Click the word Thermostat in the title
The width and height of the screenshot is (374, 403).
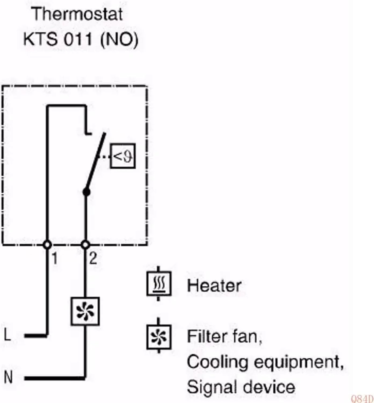pyautogui.click(x=77, y=15)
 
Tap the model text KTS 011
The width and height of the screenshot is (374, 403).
pyautogui.click(x=58, y=39)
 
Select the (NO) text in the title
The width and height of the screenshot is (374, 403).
pyautogui.click(x=119, y=40)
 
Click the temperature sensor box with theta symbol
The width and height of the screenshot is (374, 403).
pyautogui.click(x=123, y=156)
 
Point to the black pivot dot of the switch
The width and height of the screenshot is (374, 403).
pyautogui.click(x=86, y=192)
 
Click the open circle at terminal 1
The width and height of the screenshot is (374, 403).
pyautogui.click(x=47, y=245)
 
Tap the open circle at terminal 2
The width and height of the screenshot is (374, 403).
pyautogui.click(x=85, y=245)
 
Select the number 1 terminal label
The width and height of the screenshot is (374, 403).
pyautogui.click(x=55, y=258)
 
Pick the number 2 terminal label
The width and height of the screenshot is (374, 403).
pyautogui.click(x=93, y=258)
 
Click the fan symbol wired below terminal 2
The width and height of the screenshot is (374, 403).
pyautogui.click(x=85, y=311)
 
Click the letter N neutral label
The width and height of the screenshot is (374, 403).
pyautogui.click(x=8, y=377)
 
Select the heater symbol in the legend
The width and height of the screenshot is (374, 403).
pyautogui.click(x=159, y=283)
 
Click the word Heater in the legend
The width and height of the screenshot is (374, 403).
pyautogui.click(x=214, y=285)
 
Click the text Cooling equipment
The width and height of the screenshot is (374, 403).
pyautogui.click(x=265, y=362)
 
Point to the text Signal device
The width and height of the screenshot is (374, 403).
pyautogui.click(x=241, y=387)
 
